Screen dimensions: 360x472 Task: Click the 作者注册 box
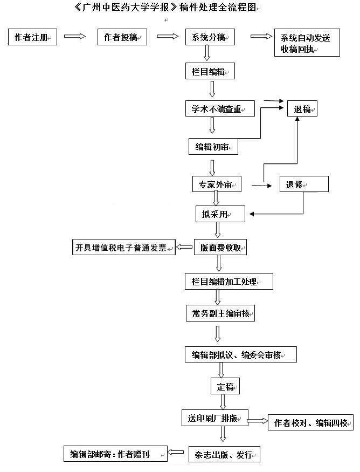tap(32, 37)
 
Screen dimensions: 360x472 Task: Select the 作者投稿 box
tap(122, 37)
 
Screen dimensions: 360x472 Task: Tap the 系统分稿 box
tap(210, 37)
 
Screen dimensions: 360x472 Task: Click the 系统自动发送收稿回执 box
tap(307, 43)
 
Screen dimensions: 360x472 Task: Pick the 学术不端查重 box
tap(220, 108)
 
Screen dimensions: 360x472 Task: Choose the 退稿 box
tap(302, 108)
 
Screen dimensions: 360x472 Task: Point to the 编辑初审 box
tap(213, 147)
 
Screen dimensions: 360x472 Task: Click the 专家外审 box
tap(217, 184)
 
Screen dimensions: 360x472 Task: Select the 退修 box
tap(304, 184)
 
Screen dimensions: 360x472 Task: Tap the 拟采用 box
tap(220, 214)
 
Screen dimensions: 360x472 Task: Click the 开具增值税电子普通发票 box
tap(123, 247)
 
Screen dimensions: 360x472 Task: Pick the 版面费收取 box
tap(220, 247)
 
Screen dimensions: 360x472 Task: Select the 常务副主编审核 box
tap(220, 313)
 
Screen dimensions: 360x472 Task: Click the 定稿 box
tap(225, 386)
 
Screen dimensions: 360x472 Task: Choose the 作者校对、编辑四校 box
tap(310, 422)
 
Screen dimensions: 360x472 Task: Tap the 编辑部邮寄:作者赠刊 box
tap(115, 454)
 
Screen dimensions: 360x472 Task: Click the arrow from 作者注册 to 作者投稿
tap(75, 37)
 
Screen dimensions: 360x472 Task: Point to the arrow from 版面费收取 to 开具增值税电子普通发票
tap(184, 247)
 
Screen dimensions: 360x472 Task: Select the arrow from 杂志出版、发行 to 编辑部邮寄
tap(176, 452)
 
